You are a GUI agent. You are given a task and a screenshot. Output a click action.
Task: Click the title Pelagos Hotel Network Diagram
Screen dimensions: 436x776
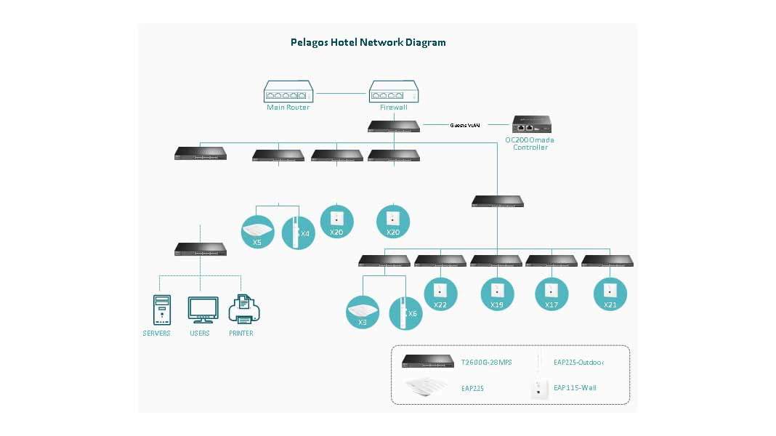[368, 42]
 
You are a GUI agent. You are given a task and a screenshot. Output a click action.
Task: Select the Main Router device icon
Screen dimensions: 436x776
[288, 92]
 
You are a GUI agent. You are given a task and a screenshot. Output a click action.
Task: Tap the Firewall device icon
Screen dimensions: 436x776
[393, 92]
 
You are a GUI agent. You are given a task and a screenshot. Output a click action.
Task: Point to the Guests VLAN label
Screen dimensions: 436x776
[465, 125]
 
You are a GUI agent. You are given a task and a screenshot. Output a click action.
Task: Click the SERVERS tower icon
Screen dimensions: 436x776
[162, 310]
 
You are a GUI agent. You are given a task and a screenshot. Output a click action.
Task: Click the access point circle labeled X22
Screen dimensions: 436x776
[441, 294]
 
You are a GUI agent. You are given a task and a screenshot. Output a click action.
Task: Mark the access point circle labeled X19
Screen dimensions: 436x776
[497, 294]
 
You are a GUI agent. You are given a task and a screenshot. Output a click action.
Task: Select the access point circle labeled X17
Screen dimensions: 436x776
[552, 294]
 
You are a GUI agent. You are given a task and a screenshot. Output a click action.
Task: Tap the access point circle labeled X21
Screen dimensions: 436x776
[610, 294]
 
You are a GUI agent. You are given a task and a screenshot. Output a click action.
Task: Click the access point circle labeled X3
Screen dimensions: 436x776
[363, 312]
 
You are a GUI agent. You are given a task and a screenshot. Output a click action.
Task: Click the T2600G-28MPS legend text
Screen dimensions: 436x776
[487, 362]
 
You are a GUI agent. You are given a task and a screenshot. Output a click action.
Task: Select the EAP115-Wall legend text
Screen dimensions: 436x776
[575, 388]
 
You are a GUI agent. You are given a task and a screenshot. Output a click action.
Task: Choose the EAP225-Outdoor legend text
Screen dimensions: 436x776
[578, 362]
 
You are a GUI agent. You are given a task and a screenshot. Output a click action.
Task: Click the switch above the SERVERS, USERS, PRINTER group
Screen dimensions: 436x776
[201, 249]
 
